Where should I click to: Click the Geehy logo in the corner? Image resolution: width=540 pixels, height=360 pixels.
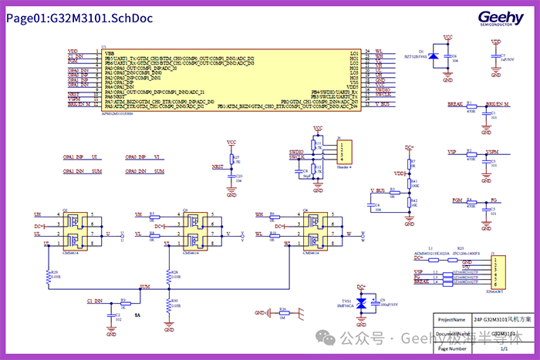(501, 19)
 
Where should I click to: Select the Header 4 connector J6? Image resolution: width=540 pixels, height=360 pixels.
(344, 151)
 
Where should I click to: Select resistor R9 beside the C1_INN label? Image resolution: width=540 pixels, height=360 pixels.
(121, 303)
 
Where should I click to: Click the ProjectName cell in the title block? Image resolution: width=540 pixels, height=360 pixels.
(450, 318)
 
